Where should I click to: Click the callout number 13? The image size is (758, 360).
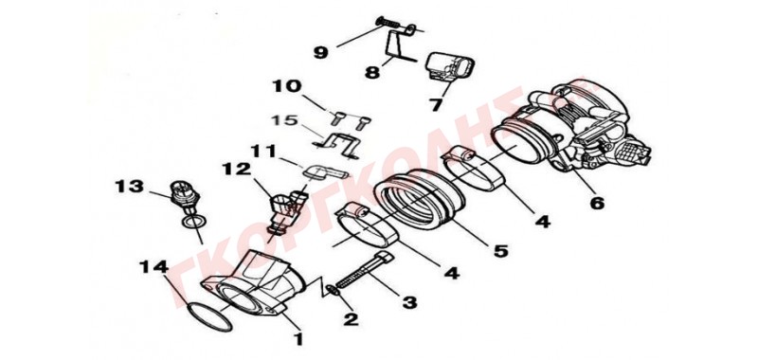(129, 186)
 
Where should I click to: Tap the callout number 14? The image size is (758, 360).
(153, 266)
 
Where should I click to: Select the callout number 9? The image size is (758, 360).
(320, 52)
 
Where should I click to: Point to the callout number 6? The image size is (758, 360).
(597, 203)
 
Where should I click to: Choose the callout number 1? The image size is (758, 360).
(298, 339)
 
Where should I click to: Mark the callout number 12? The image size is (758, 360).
(237, 169)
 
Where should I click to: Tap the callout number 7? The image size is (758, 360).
(437, 104)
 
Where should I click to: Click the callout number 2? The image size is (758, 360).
(351, 318)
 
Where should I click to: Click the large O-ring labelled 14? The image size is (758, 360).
(209, 316)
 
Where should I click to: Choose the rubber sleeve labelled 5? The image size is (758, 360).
(419, 198)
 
